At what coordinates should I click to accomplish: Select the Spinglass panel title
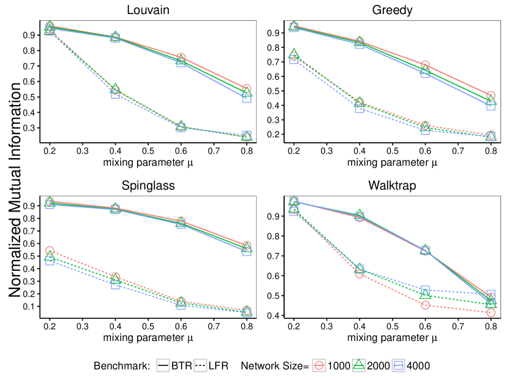[148, 185]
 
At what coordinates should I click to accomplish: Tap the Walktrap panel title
[392, 185]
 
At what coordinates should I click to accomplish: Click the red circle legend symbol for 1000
[319, 365]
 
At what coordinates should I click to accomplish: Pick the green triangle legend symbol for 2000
[359, 365]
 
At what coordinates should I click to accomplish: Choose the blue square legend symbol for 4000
[399, 365]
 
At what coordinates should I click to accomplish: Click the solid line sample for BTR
[163, 365]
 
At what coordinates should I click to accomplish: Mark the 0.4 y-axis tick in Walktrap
[276, 316]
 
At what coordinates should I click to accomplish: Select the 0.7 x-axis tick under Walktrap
[458, 326]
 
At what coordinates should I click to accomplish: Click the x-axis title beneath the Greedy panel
[392, 162]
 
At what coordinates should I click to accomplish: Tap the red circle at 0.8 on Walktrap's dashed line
[491, 313]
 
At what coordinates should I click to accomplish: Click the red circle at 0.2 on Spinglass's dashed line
[49, 251]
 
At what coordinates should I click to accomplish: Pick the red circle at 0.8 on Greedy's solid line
[491, 96]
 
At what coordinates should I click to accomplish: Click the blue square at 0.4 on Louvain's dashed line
[115, 94]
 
